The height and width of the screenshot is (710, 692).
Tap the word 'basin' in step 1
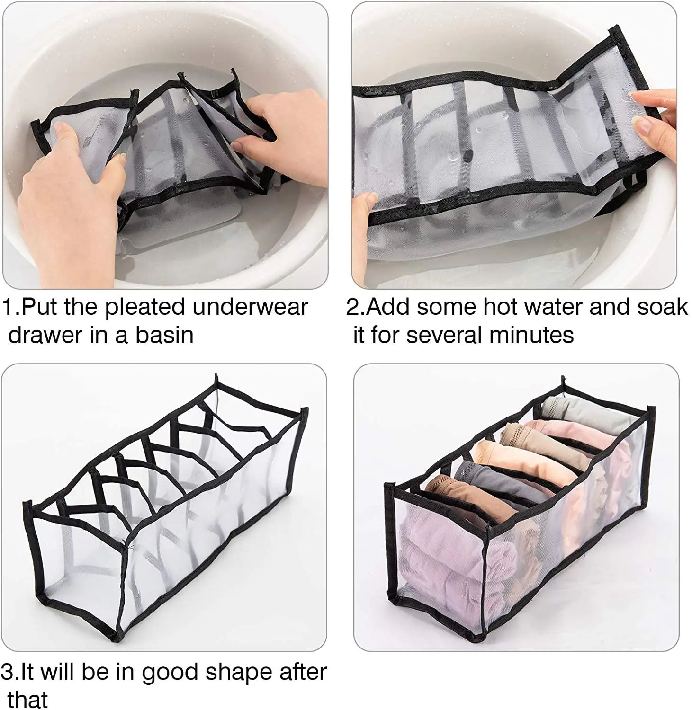coord(164,335)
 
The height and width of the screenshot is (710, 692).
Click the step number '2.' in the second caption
coord(355,307)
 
